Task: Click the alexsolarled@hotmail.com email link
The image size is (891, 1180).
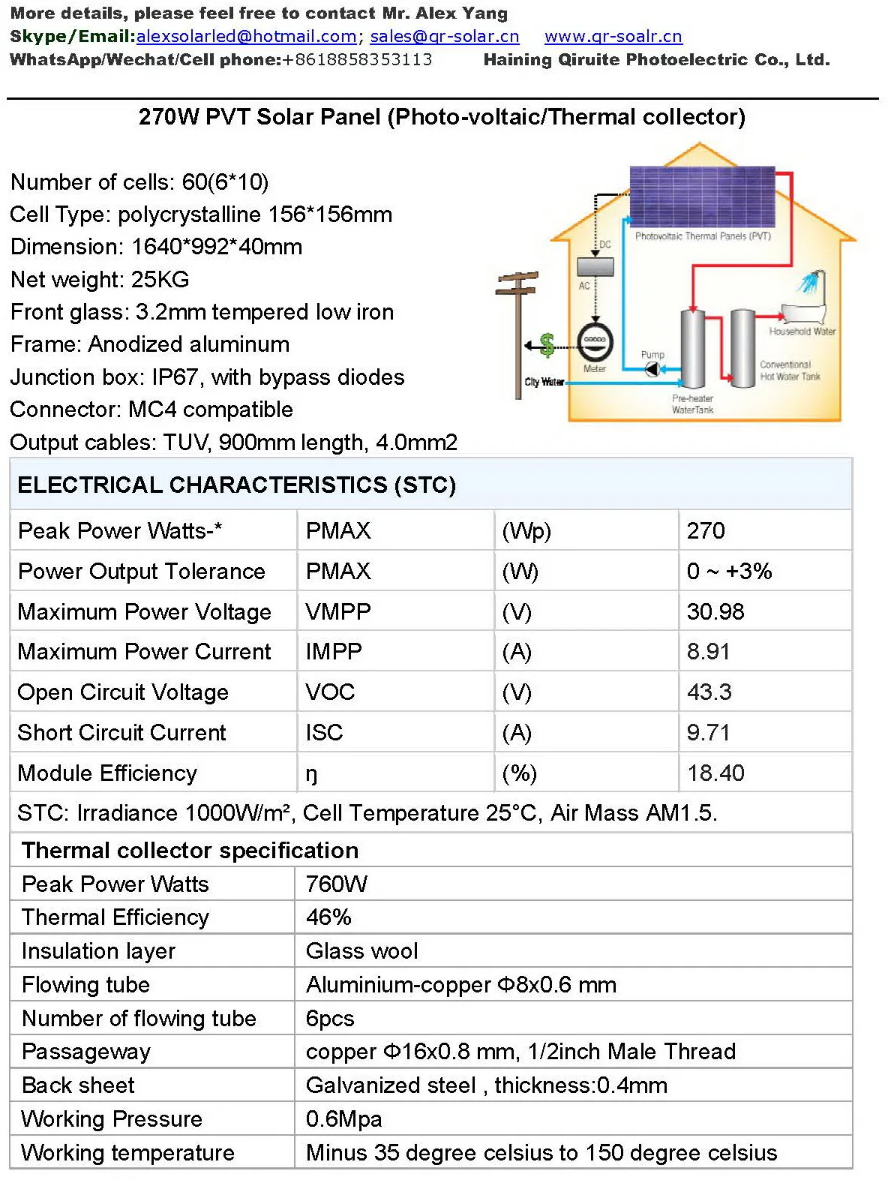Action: [246, 36]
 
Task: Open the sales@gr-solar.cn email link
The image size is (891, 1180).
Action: [444, 36]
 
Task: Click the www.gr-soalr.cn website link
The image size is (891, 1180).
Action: [613, 36]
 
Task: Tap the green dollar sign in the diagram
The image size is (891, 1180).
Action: [547, 344]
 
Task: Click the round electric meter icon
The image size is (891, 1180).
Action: [595, 342]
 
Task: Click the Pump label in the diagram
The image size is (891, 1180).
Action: [652, 354]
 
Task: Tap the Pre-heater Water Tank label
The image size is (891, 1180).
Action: [692, 404]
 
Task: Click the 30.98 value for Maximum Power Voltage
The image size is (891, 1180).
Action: [715, 611]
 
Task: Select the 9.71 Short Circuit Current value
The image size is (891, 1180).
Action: [708, 732]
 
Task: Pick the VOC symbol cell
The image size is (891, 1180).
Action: [330, 692]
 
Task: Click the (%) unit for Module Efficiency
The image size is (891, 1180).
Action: [519, 773]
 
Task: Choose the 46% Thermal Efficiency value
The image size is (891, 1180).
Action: [328, 917]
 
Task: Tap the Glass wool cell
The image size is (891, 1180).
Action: [361, 950]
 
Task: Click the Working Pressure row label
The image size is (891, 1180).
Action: [112, 1118]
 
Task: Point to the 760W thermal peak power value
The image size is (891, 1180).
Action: [336, 884]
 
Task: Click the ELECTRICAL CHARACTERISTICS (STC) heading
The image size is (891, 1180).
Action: [236, 485]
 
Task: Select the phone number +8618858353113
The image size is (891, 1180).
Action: [357, 59]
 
